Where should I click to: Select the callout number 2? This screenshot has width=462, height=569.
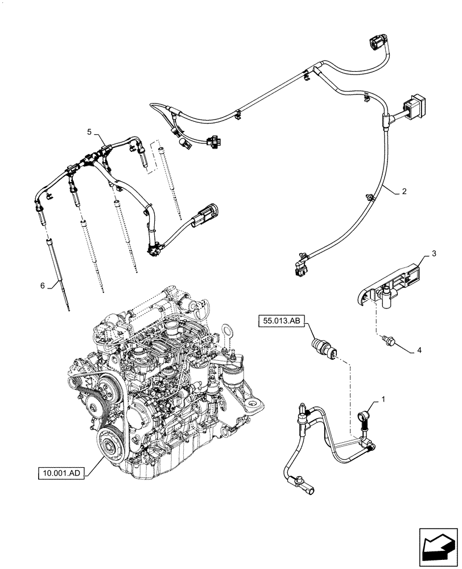click(x=404, y=192)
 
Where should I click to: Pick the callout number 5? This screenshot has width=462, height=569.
click(x=89, y=132)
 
